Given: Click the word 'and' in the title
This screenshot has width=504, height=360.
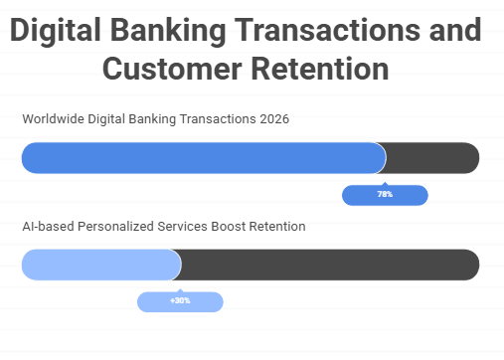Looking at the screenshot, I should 453,31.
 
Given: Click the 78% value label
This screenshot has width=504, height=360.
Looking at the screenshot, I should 385,195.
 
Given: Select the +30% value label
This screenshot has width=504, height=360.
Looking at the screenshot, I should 180,300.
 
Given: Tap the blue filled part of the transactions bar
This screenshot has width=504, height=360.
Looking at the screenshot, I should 199,158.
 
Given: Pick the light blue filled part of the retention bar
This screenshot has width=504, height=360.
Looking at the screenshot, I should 99,265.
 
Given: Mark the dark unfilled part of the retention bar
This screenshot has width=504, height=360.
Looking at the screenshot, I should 328,265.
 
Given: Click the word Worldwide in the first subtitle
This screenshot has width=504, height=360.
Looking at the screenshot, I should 52,120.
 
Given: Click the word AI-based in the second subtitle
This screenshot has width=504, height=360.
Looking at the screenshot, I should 46,227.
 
